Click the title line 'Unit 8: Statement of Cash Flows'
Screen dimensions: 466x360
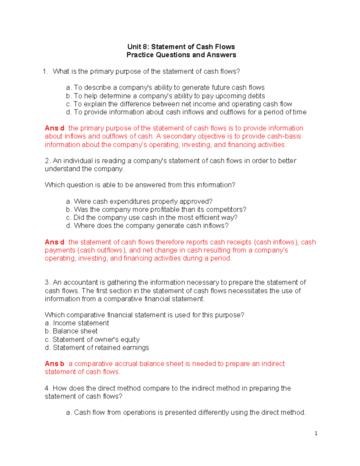pos(181,47)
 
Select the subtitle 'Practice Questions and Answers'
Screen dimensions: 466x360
pos(181,55)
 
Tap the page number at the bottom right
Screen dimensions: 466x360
pos(316,433)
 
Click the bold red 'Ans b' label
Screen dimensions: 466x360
pos(54,364)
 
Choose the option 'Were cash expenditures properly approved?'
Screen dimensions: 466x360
pos(139,201)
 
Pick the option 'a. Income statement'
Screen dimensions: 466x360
pos(77,323)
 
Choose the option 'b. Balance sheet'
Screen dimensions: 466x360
pos(71,331)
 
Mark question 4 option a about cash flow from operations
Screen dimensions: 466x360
pos(186,413)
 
